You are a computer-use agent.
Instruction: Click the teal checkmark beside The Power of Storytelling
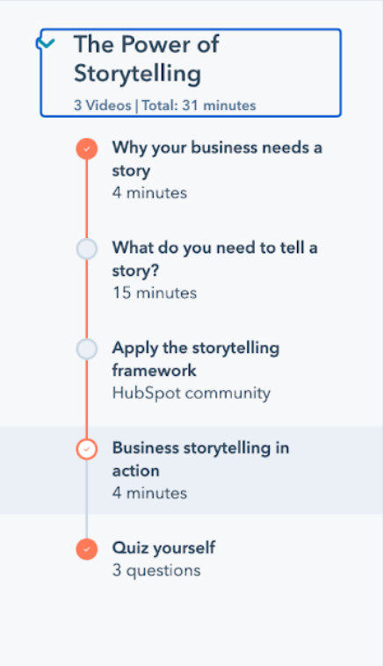tap(47, 43)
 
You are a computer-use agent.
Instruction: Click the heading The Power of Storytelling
tap(147, 59)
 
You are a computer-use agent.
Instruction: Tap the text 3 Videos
tap(102, 105)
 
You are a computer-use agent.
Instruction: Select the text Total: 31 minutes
tap(199, 105)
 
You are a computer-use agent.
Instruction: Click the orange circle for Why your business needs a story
tap(87, 149)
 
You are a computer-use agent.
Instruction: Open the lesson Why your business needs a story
tap(217, 159)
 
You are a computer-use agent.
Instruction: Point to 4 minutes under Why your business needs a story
tap(149, 192)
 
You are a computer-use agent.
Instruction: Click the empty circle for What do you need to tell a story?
tap(87, 249)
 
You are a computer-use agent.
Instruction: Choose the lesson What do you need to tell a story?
tap(214, 259)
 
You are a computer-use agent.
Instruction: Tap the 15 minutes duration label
tap(155, 293)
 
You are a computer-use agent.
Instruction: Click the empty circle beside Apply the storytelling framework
tap(87, 349)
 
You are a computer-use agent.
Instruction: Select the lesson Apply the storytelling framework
tap(196, 358)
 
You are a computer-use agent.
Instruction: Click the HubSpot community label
tap(191, 394)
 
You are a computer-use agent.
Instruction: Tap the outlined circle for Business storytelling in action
tap(87, 449)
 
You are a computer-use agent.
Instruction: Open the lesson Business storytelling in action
tap(200, 460)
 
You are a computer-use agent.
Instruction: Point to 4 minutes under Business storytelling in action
tap(149, 493)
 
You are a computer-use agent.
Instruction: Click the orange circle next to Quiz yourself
tap(87, 549)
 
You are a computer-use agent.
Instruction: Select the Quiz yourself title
tap(163, 548)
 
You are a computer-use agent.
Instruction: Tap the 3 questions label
tap(156, 570)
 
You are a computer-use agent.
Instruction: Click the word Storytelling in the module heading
tap(138, 74)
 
